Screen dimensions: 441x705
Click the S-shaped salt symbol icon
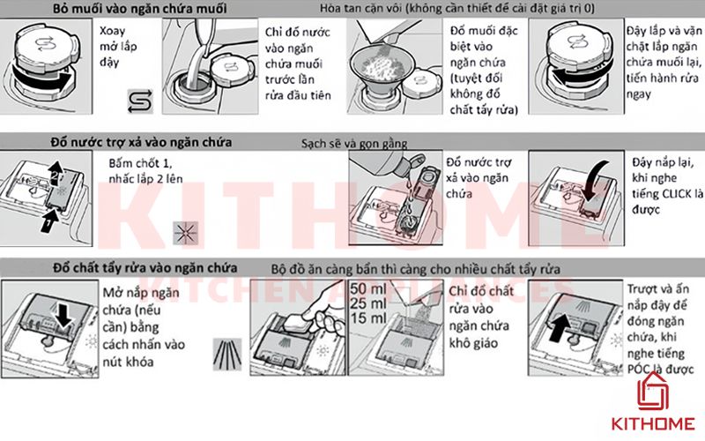coord(138,100)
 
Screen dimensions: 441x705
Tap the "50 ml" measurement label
coord(368,289)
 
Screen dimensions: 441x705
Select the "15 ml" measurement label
coord(368,317)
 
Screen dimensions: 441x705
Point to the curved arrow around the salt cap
coord(44,80)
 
